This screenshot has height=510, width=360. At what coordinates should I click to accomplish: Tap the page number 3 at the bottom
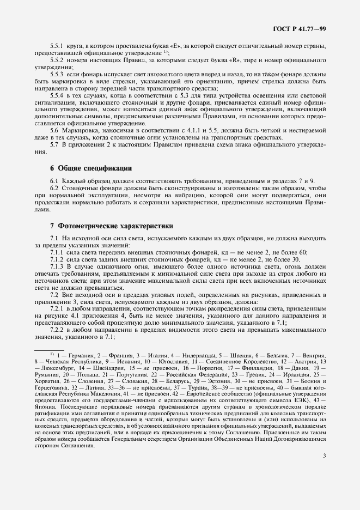click(x=325, y=487)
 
